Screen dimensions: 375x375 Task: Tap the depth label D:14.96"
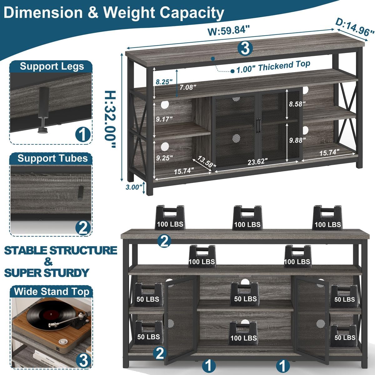click(x=354, y=27)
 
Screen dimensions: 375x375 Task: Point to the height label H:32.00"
click(x=110, y=119)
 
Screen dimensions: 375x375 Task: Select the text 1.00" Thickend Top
click(x=273, y=66)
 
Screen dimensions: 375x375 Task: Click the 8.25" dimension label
click(x=163, y=82)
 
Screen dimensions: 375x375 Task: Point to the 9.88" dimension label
click(x=296, y=140)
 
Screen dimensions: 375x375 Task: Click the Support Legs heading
click(x=52, y=66)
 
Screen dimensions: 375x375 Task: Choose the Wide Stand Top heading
click(x=52, y=292)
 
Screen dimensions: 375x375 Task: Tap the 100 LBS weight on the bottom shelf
click(x=243, y=334)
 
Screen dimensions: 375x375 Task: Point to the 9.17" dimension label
click(x=164, y=119)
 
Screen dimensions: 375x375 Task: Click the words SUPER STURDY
click(x=47, y=273)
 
